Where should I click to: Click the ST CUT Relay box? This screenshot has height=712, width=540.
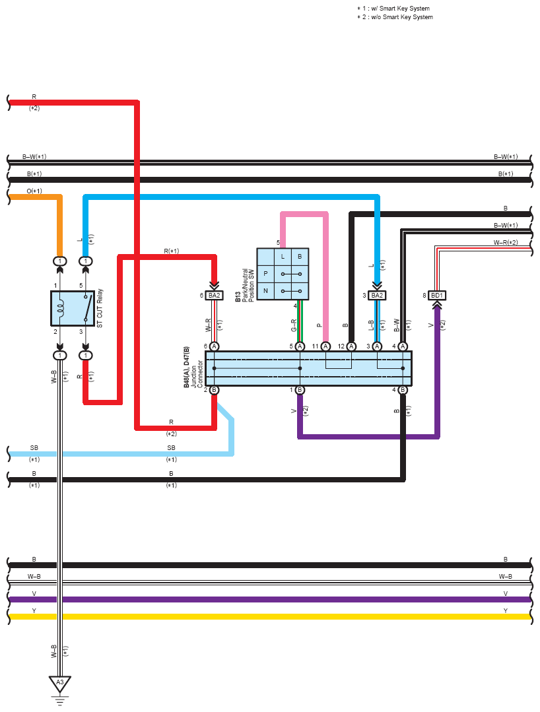coord(73,308)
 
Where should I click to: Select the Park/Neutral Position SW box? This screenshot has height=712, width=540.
coord(283,274)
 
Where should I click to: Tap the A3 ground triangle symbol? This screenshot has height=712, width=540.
coord(60,684)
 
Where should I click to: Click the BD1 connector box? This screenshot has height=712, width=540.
coord(436,296)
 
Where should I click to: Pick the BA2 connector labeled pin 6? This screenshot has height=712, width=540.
coord(214,296)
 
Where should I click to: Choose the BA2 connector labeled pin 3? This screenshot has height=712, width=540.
coord(377,296)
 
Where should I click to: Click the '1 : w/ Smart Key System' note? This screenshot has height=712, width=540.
coord(393,8)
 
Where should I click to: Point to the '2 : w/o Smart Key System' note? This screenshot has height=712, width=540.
coord(395,16)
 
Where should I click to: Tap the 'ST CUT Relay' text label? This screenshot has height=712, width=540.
coord(100,308)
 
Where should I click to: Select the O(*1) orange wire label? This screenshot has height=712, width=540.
coord(34,191)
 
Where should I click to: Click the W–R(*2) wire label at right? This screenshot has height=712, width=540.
coord(506,242)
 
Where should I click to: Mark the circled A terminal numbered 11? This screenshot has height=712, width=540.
coord(325,346)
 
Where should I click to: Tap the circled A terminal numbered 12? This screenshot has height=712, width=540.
coord(351,346)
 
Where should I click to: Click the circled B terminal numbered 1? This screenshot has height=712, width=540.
coord(300,390)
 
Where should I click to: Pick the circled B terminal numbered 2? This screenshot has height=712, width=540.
coord(214,390)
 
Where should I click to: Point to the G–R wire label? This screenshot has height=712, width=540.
coord(293,325)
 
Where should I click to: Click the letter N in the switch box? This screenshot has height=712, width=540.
coord(265,290)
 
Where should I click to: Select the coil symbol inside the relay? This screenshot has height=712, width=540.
coord(60,308)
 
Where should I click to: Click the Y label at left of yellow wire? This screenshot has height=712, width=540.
coord(34,611)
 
